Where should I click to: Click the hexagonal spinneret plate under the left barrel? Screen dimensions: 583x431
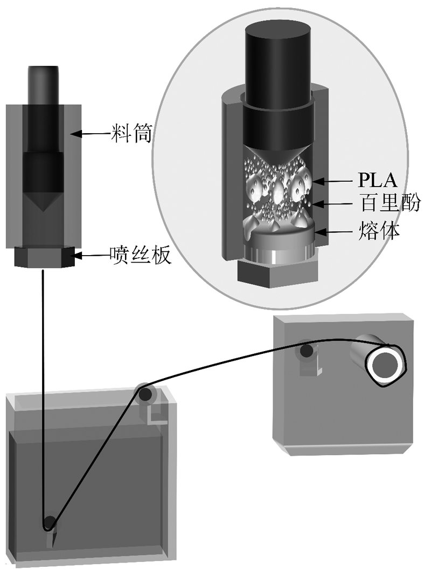coord(42,257)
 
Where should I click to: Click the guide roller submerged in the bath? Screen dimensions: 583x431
coord(50,522)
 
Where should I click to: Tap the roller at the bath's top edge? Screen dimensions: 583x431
coord(145,394)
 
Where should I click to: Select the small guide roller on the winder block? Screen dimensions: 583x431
coord(307,351)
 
